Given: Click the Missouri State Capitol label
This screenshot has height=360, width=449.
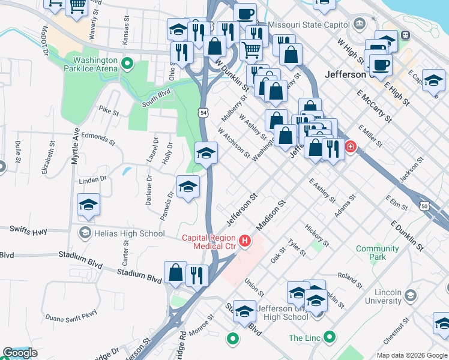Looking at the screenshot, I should pos(308,25).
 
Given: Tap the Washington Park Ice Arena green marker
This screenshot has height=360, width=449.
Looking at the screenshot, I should pos(127,63).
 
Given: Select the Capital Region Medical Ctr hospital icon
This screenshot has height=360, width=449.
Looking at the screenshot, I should pos(245,241).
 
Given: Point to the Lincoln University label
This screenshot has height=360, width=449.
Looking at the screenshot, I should pos(378,296).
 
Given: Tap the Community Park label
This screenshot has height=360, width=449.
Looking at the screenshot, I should pos(378,253).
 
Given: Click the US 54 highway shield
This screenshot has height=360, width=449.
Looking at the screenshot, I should pos(204,113).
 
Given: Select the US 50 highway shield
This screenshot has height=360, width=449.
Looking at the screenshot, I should pos(426,205).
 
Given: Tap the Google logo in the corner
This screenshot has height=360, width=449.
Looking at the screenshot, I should pos(20,353).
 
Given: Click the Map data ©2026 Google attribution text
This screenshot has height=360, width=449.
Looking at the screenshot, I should pos(411,355).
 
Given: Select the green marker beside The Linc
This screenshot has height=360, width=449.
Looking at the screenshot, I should pos(329,338).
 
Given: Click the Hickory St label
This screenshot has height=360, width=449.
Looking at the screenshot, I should pos(316,236).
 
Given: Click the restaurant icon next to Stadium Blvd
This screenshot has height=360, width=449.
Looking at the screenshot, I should pos(197,275).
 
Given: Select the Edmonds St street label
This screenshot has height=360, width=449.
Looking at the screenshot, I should pos(98,139).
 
